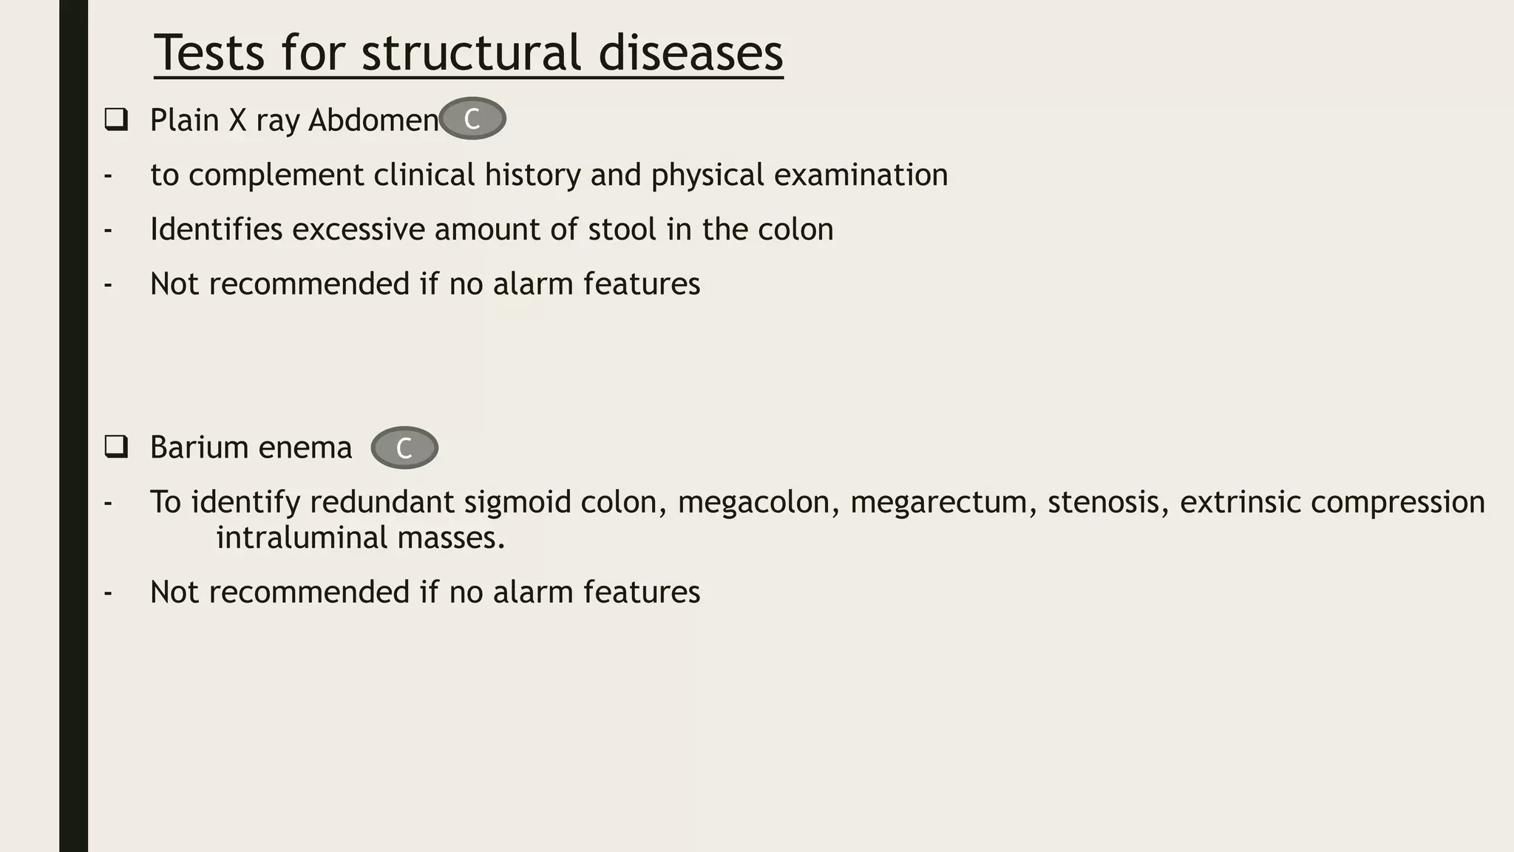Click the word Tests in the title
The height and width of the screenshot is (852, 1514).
tap(209, 53)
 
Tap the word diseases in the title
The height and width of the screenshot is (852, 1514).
tap(690, 53)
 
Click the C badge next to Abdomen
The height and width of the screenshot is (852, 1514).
tap(472, 118)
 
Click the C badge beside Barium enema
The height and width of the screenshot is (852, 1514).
tap(404, 447)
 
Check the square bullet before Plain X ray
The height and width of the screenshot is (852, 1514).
tap(116, 119)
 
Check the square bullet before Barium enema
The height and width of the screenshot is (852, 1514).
tap(116, 447)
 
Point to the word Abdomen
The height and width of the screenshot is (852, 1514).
tap(373, 120)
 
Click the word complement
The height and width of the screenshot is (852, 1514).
tap(276, 175)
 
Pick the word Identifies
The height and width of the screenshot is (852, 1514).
tap(216, 229)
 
